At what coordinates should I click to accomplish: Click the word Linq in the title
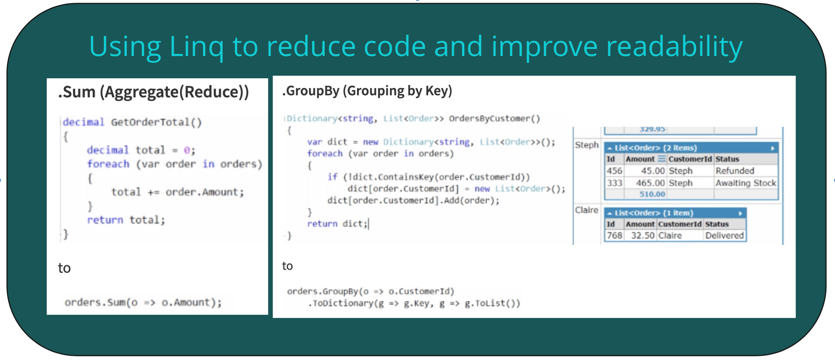[x=197, y=48]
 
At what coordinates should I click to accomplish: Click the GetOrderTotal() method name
[x=156, y=122]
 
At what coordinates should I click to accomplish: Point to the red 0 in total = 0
[x=187, y=150]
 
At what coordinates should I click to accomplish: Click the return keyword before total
[x=105, y=220]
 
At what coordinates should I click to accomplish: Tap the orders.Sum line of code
[x=143, y=302]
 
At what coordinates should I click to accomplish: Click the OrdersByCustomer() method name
[x=494, y=119]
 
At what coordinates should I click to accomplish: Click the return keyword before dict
[x=322, y=224]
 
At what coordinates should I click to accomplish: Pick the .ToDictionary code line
[x=414, y=304]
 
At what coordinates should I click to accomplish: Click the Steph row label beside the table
[x=587, y=145]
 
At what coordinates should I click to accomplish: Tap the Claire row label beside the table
[x=587, y=210]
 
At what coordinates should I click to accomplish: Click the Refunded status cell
[x=735, y=171]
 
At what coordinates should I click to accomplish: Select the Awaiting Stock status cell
[x=746, y=183]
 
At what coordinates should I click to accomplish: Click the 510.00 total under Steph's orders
[x=652, y=194]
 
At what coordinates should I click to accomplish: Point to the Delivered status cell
[x=724, y=236]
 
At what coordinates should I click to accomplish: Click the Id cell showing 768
[x=615, y=236]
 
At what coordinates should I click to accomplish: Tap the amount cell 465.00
[x=650, y=183]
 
